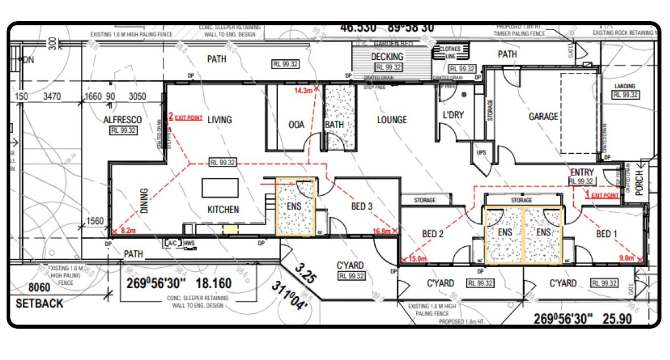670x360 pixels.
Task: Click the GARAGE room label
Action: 543,116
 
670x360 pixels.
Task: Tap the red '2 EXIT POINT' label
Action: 186,117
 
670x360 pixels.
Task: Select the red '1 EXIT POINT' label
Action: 602,195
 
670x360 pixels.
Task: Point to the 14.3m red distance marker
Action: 303,91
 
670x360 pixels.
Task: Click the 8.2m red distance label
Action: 127,231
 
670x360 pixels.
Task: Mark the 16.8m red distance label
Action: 381,231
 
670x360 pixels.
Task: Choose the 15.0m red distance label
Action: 417,259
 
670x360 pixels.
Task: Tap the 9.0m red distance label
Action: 626,259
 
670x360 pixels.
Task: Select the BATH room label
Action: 335,124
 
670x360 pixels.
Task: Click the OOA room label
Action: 297,124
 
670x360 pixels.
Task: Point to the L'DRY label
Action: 453,115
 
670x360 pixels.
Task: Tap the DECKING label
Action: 387,56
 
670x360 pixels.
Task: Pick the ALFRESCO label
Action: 122,120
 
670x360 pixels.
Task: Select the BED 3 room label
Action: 362,206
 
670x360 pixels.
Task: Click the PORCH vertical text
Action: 639,182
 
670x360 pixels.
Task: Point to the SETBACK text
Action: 39,304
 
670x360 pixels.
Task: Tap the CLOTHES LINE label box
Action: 450,52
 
